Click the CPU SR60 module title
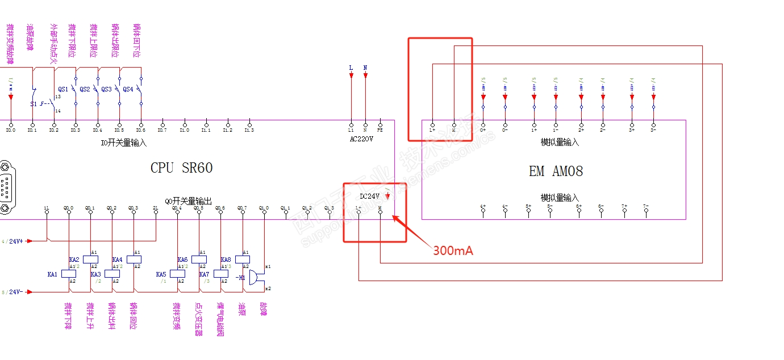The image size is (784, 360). [181, 168]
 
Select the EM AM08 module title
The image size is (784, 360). [556, 171]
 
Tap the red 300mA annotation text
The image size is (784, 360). [453, 250]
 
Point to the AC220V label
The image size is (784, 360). [361, 138]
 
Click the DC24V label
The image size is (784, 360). [370, 196]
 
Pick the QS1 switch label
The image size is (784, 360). [62, 89]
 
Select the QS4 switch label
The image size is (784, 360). [128, 89]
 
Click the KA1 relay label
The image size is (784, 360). [52, 274]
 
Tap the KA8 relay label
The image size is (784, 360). [226, 259]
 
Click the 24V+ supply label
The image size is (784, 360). [16, 241]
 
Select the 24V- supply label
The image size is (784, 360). [16, 292]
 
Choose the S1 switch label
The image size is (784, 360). [33, 104]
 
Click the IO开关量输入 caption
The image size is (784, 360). [123, 143]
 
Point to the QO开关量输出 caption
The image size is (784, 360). [188, 201]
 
